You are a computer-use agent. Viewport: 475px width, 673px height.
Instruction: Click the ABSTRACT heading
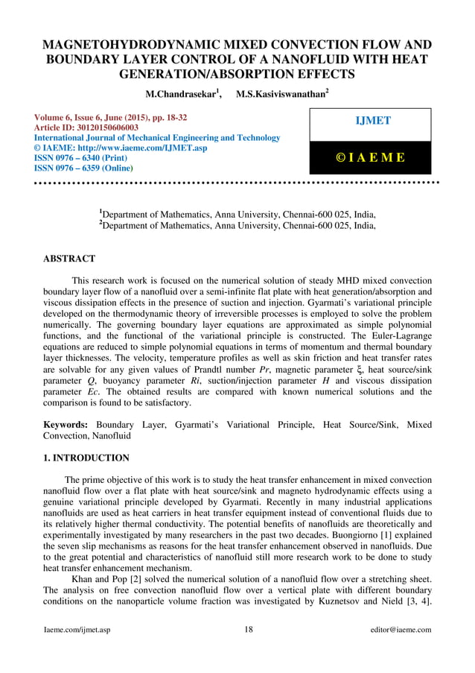point(69,259)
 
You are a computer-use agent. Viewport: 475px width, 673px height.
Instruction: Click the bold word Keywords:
point(66,425)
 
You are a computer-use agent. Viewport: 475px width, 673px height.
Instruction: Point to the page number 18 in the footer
point(248,630)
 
